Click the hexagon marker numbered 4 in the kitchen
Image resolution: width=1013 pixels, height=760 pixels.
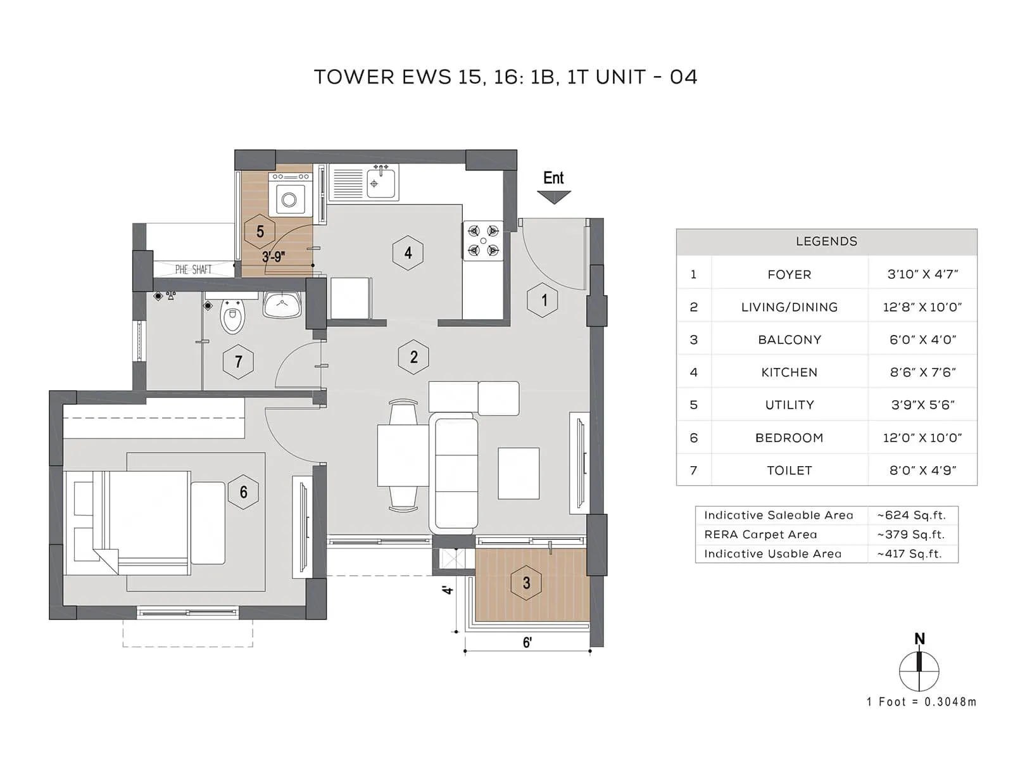click(x=408, y=253)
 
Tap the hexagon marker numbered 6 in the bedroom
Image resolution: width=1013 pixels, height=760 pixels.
click(x=243, y=492)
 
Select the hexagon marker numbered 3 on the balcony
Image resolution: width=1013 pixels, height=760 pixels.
click(x=526, y=583)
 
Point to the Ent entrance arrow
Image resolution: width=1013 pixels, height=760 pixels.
click(x=554, y=197)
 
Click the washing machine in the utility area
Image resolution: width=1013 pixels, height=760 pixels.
click(x=289, y=199)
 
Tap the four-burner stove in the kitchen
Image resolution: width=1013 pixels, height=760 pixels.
click(x=483, y=241)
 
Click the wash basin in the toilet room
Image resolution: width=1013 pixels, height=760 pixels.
click(x=282, y=305)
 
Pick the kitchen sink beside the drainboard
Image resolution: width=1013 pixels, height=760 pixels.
click(x=382, y=183)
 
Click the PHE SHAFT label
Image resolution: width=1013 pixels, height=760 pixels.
click(x=193, y=270)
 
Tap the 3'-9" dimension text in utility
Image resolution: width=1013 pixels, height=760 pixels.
click(x=274, y=257)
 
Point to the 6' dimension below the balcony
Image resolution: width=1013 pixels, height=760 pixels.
click(x=527, y=642)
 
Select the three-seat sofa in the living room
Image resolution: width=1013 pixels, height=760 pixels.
click(x=453, y=473)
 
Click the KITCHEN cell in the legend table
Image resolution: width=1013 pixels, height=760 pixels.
click(x=789, y=372)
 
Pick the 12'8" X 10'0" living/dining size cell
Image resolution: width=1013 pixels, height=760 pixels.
click(x=922, y=307)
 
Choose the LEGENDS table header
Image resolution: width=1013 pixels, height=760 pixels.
click(x=826, y=241)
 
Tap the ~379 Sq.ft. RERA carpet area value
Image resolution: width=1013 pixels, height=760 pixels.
click(x=910, y=535)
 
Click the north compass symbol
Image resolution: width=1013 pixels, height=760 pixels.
click(x=919, y=670)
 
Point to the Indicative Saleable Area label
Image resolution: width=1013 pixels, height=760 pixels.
click(x=778, y=516)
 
